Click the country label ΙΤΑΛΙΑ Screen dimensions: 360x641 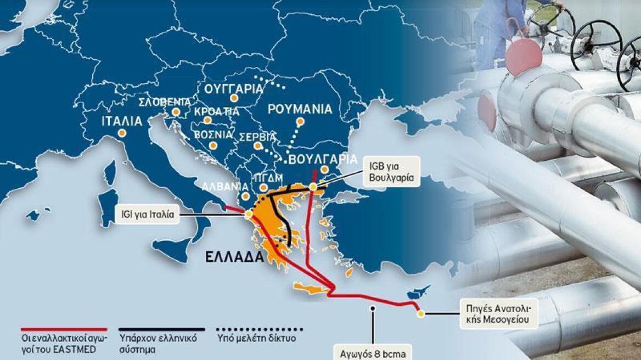click(x=122, y=121)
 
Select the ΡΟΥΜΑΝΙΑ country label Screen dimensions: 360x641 click(x=300, y=109)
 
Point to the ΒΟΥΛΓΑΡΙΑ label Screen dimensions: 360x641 click(x=319, y=160)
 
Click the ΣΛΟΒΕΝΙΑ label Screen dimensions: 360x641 click(x=165, y=103)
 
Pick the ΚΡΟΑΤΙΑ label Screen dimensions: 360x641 click(x=216, y=111)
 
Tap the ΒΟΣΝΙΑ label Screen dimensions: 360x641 click(x=212, y=134)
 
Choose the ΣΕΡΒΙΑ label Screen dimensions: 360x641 click(x=257, y=136)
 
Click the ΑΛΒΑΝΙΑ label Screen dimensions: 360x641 click(x=221, y=186)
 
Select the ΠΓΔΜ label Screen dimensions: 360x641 click(x=268, y=178)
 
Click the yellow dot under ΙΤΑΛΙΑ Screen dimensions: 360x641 click(x=121, y=133)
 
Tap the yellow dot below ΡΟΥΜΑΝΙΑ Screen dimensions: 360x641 click(x=300, y=121)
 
